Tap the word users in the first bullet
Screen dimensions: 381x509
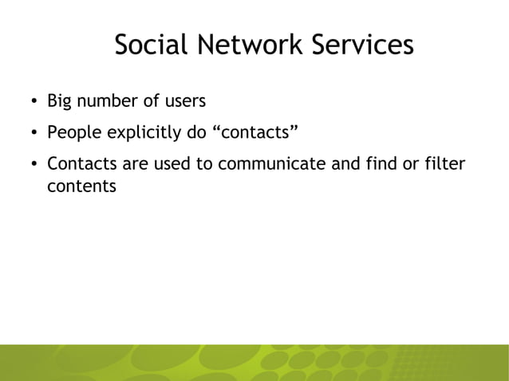187,102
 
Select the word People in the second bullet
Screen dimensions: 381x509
70,133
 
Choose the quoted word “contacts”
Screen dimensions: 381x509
254,133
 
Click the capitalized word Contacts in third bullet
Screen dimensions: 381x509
80,165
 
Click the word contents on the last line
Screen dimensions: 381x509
81,187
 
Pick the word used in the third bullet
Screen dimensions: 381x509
162,165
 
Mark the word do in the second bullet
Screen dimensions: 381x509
196,133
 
